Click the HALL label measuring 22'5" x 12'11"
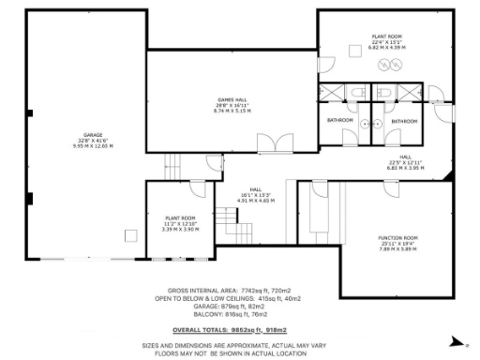click(x=405, y=157)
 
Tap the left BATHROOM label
click(x=339, y=121)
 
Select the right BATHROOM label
click(x=404, y=121)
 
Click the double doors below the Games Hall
click(x=269, y=144)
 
